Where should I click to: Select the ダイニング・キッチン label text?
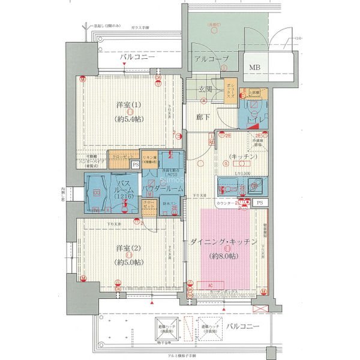tap(224, 241)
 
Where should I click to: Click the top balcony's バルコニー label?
tap(136, 58)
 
